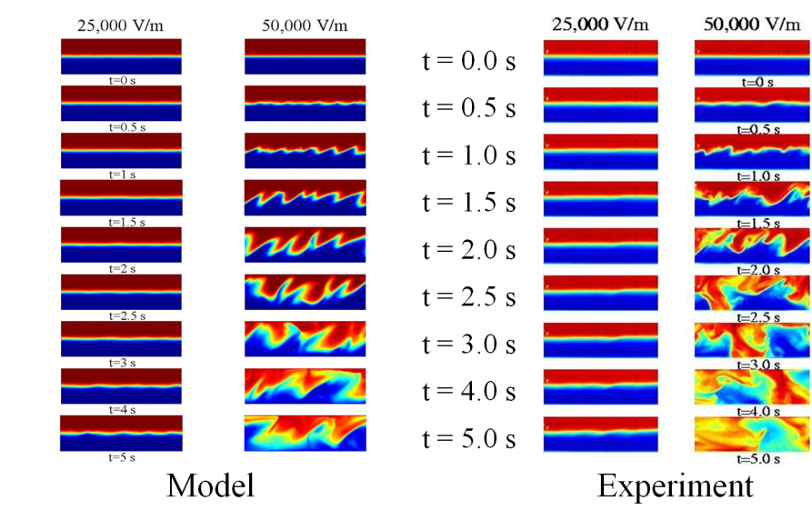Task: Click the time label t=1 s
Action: (121, 175)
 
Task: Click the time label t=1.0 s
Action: (757, 176)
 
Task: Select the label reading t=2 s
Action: (121, 269)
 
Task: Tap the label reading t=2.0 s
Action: (757, 270)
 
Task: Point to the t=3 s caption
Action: (121, 363)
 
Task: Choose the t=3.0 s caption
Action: (757, 364)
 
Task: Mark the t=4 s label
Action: (121, 410)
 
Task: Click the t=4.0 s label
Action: (757, 411)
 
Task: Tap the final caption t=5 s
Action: (121, 457)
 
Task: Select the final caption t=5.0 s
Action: (757, 459)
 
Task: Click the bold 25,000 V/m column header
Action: (600, 25)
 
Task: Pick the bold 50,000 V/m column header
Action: (752, 25)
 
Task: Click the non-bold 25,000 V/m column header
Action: (121, 25)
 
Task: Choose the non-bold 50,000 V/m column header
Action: (305, 25)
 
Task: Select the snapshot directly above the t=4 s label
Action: (121, 386)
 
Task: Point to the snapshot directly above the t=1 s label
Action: (121, 150)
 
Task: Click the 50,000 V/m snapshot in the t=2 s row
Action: (305, 245)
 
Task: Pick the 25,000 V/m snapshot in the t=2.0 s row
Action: (600, 245)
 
